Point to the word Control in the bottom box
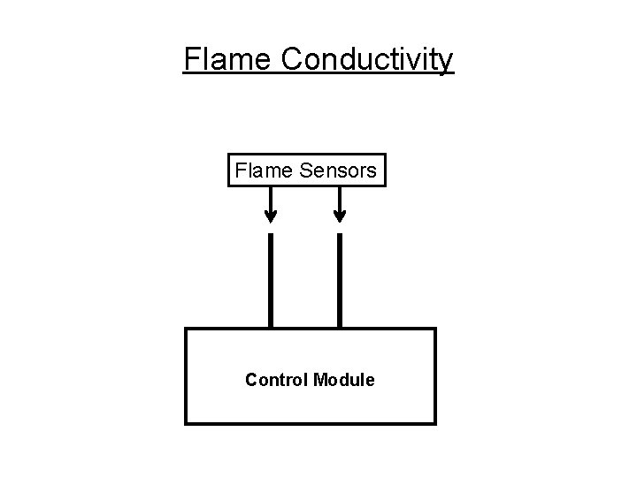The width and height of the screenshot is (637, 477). tap(276, 380)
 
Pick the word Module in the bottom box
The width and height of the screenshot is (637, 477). tap(343, 380)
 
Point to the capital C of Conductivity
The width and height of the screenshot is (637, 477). tap(293, 59)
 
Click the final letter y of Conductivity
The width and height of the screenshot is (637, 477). tap(446, 64)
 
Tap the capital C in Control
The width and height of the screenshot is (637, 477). tap(251, 380)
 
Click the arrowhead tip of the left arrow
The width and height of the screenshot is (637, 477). tap(272, 220)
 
